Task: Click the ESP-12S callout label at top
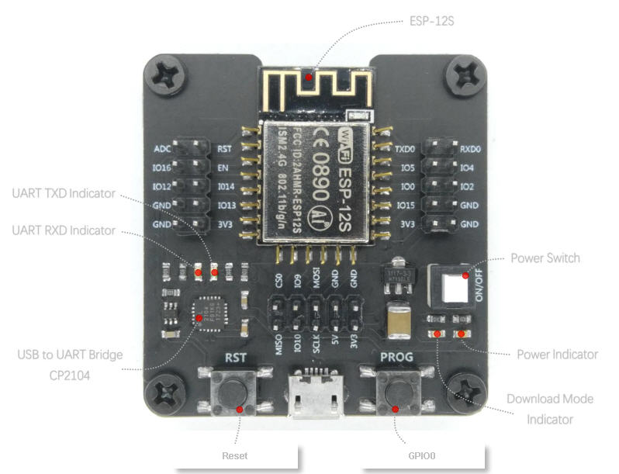click(431, 21)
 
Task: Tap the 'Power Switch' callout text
click(545, 258)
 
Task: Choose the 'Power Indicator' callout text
click(557, 354)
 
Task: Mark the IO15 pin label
click(406, 206)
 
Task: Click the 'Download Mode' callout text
click(549, 399)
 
